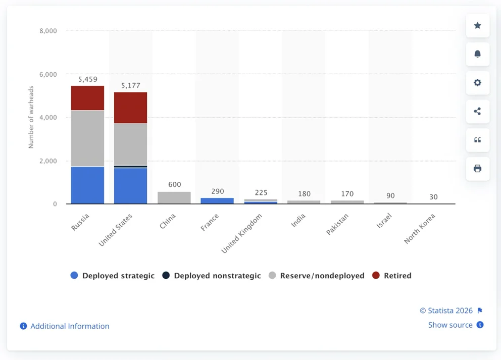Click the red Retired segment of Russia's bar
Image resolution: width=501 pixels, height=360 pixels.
(87, 98)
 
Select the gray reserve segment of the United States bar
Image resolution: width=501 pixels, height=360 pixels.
(130, 144)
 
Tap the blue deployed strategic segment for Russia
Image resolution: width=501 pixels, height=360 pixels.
(87, 185)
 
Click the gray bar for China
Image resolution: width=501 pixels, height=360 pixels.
(174, 197)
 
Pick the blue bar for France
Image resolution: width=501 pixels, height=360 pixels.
(217, 200)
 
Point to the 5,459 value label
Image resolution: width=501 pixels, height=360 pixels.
(87, 79)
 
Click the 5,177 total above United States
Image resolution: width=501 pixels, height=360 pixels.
(130, 86)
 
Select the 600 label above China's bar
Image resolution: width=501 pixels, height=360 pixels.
(174, 185)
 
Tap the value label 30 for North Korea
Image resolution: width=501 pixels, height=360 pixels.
(433, 197)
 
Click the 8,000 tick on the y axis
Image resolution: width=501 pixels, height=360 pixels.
(48, 31)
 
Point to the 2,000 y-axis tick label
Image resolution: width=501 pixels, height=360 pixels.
(48, 161)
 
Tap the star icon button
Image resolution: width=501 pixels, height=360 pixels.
(477, 26)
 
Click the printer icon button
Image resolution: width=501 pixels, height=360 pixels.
(477, 169)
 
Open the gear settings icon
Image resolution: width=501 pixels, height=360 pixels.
(477, 83)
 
